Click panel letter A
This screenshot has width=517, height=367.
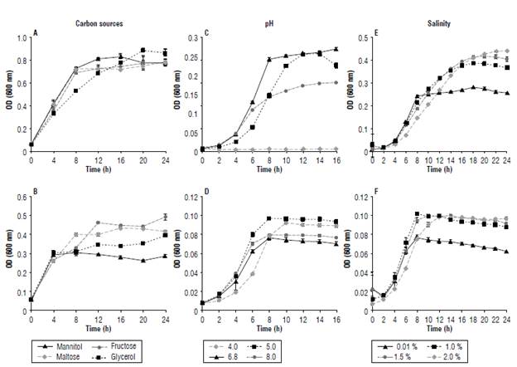coord(35,33)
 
